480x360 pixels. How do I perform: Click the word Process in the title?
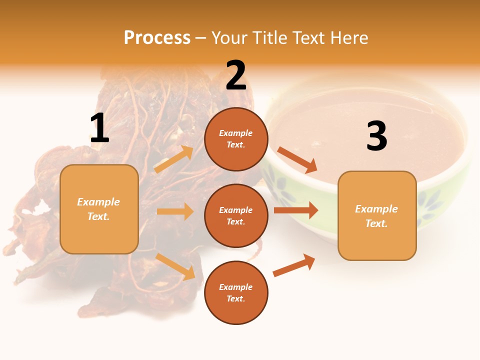point(157,38)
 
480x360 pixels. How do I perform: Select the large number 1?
point(99,128)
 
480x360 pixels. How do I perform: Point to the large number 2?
point(236,75)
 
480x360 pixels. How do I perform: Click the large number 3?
point(376,136)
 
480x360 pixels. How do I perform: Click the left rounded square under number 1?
point(99,208)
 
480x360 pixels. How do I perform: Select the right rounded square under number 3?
point(377,215)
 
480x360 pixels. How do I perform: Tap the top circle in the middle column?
point(236,139)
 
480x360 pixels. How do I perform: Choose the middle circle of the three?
point(236,215)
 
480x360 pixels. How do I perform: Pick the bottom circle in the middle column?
point(236,292)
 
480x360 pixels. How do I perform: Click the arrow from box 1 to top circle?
point(173,159)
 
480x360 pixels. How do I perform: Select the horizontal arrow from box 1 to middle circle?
point(175,211)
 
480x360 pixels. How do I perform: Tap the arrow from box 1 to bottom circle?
point(175,266)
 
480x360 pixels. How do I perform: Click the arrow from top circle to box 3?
point(297,160)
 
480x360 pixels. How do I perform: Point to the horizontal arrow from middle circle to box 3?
point(295,210)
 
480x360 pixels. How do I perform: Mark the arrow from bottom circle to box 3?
point(294,265)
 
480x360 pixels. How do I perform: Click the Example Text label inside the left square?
point(98,209)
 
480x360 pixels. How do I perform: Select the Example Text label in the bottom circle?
point(235,293)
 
